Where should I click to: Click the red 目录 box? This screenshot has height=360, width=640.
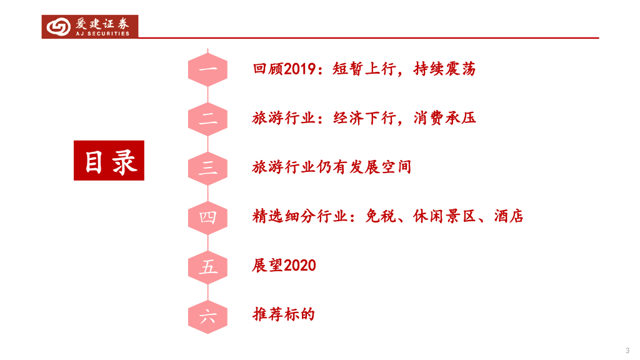point(109,161)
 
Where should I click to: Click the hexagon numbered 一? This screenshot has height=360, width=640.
point(207,69)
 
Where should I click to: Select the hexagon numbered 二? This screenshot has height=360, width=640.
point(207,118)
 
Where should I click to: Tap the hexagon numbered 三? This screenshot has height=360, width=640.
point(207,167)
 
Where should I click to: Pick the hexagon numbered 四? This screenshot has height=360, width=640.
point(207,217)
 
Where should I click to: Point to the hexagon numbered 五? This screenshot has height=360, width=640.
point(207,266)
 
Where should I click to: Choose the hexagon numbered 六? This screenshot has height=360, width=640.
point(207,315)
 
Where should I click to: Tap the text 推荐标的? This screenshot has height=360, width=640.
point(283,314)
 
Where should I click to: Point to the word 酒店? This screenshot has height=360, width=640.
point(508,217)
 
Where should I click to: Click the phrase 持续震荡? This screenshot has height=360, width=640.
point(444,69)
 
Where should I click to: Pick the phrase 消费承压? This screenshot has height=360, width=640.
point(444,118)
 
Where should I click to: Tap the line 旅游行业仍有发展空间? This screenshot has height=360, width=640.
point(331,167)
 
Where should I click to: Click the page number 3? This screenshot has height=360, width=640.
point(627,349)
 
